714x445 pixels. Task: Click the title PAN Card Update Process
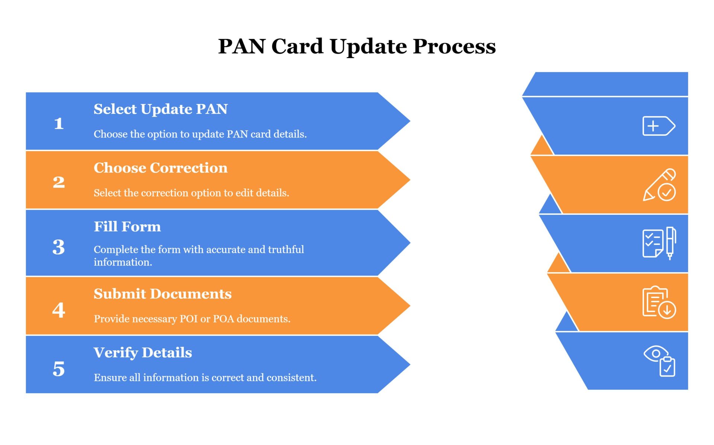click(x=357, y=46)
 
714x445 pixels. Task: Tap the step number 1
click(x=59, y=123)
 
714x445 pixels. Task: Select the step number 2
click(x=59, y=182)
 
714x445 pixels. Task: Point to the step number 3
click(x=59, y=247)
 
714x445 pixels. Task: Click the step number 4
click(x=59, y=310)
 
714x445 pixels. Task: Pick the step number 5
click(x=59, y=369)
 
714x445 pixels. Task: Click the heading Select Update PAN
click(x=161, y=109)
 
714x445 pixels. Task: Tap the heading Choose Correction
click(x=161, y=168)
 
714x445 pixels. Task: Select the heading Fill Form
click(x=127, y=227)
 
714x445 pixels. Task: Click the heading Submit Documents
click(x=163, y=294)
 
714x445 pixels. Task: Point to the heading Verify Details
click(x=143, y=353)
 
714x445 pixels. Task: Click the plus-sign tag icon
click(x=659, y=126)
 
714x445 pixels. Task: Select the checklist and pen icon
click(x=659, y=244)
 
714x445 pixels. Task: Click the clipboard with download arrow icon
click(x=659, y=302)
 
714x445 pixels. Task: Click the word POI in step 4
click(x=189, y=319)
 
